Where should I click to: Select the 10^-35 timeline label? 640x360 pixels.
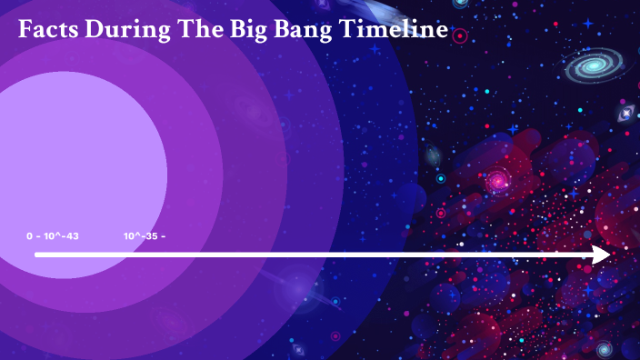coord(139,236)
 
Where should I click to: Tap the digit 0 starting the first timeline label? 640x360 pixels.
coord(29,236)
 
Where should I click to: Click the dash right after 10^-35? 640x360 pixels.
coord(163,236)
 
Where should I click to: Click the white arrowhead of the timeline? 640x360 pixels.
coord(601,255)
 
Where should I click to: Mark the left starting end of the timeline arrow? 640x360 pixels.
coord(37,255)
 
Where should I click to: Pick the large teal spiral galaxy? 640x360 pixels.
coord(595,65)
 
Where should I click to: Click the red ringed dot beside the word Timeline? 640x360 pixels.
coord(460,37)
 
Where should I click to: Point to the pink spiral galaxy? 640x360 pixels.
coord(497,182)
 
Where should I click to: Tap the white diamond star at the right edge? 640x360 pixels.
coord(625,114)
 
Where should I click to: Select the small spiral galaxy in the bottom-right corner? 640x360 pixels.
coord(604,347)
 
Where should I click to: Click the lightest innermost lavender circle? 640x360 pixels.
coord(82,164)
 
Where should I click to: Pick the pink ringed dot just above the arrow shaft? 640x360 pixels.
coord(441,214)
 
